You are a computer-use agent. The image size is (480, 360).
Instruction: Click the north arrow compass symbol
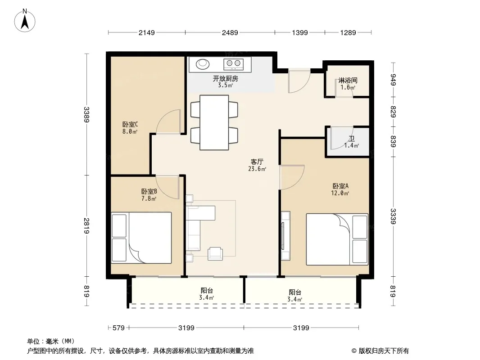(25, 21)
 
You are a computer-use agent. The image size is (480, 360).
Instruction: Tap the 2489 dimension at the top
(230, 32)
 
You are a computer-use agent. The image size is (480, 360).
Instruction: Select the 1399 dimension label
(300, 32)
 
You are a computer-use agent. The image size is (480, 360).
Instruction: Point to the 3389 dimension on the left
(87, 114)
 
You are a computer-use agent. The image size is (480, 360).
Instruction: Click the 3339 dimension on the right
(394, 216)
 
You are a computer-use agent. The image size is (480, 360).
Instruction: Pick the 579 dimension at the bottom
(118, 328)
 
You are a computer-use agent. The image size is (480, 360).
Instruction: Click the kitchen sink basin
(202, 64)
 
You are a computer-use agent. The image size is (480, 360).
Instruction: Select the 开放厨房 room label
(226, 79)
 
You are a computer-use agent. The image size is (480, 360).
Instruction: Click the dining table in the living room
(214, 122)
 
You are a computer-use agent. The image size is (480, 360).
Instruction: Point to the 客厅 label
(257, 162)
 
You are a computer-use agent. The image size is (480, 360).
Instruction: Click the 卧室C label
(130, 124)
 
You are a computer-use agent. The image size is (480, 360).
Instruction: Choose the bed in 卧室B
(141, 238)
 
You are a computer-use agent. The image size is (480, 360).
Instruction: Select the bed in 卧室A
(337, 239)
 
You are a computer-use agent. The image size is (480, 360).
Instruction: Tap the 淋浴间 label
(348, 81)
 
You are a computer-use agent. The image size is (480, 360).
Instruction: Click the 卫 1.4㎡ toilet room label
(351, 142)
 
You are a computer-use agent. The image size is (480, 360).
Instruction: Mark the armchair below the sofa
(215, 253)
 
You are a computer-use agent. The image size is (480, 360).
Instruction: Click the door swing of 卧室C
(168, 121)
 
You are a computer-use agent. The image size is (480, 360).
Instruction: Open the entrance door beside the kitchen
(299, 81)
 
